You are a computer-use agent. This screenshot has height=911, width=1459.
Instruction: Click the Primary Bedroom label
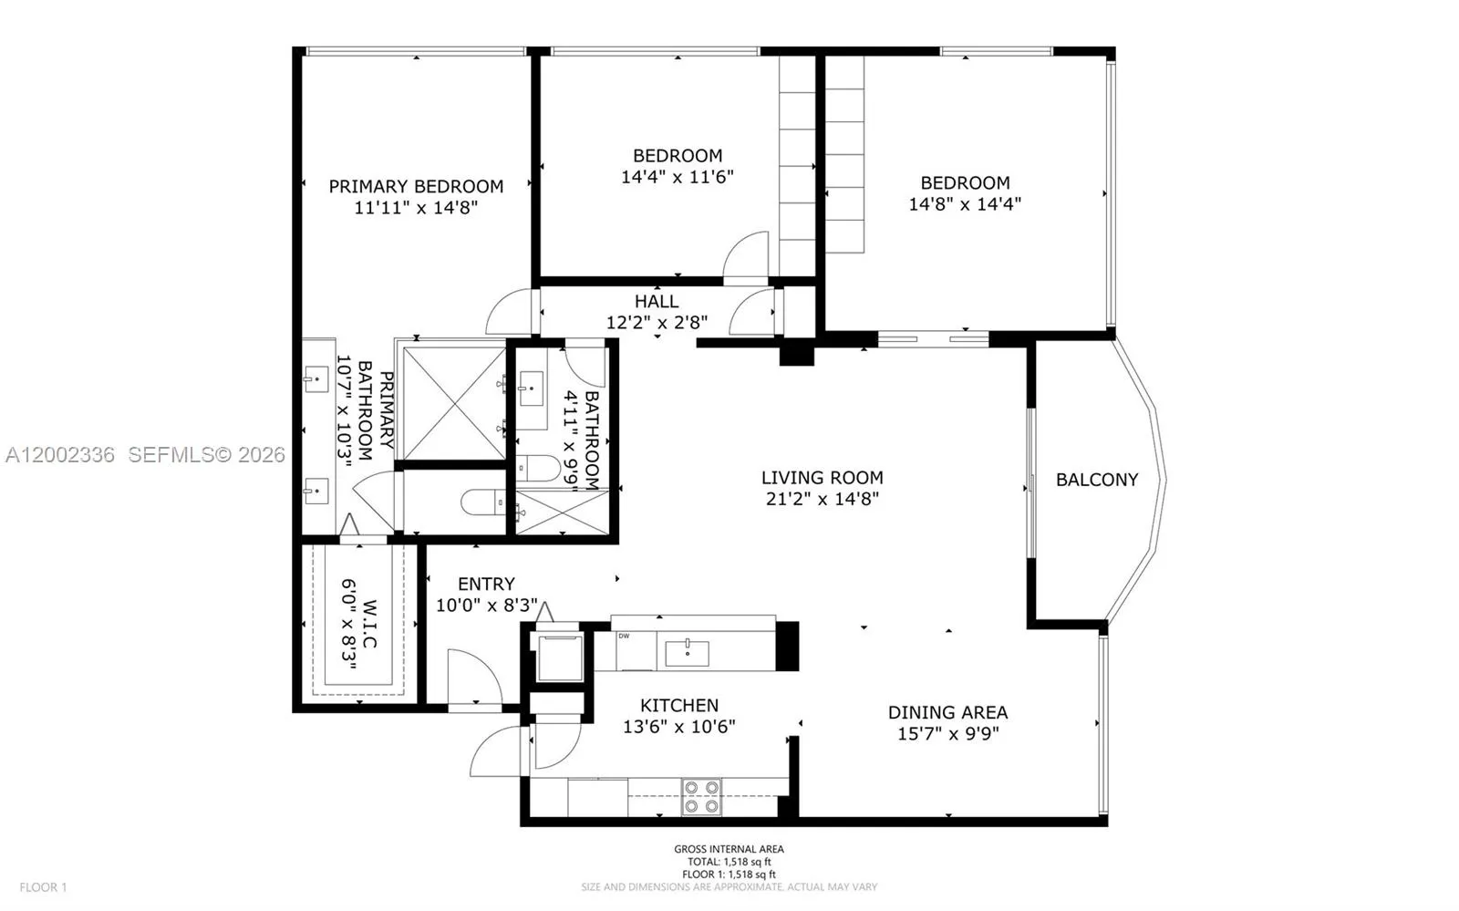416,186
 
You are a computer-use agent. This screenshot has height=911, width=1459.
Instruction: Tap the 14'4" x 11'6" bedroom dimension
677,177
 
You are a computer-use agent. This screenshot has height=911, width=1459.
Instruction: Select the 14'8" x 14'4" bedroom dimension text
964,204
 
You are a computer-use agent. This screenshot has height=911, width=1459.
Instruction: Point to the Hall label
657,301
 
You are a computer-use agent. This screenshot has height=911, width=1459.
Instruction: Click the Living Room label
822,477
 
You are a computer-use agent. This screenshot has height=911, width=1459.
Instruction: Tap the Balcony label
1096,480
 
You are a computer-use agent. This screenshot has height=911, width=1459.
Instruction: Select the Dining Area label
947,712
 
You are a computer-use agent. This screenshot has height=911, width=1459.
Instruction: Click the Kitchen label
678,705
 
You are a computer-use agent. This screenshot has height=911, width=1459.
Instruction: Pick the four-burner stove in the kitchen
701,796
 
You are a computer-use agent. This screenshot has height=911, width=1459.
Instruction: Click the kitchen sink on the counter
687,653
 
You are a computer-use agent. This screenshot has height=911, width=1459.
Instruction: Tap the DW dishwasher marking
624,637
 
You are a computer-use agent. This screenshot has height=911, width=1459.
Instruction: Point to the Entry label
486,584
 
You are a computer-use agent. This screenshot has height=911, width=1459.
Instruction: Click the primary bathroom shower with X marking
453,402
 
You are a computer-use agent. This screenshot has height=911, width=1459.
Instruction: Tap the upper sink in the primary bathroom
316,378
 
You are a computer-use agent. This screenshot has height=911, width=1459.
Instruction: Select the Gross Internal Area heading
729,849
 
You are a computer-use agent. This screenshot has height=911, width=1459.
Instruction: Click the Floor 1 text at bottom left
44,887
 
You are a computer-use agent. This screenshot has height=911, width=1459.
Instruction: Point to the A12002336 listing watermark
59,454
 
